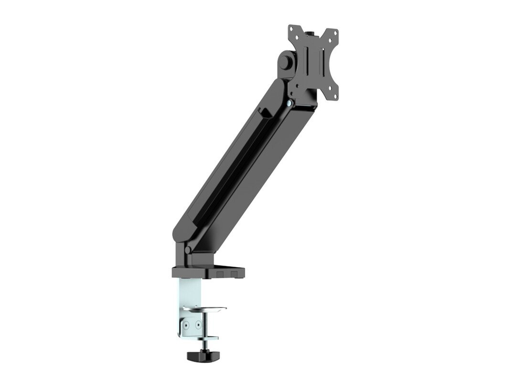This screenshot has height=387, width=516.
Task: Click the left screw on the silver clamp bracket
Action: pos(186,324)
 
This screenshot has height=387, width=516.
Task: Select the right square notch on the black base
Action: pos(235,273)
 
